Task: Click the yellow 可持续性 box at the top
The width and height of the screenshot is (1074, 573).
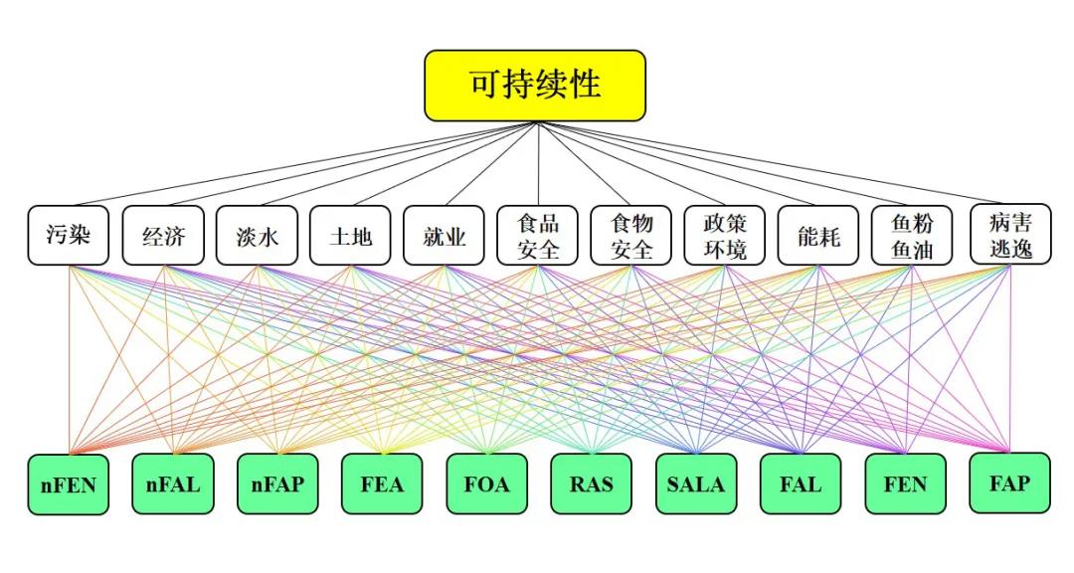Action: [535, 86]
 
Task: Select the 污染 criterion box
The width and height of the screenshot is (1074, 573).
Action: [69, 235]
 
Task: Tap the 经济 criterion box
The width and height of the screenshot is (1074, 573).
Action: [163, 235]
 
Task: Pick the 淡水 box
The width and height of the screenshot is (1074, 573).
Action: [257, 235]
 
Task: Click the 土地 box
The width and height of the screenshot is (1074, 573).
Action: [350, 235]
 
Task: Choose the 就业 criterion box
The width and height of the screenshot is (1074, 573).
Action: [444, 235]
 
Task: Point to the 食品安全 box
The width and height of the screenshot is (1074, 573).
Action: [538, 235]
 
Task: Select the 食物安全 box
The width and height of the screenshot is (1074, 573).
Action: [631, 235]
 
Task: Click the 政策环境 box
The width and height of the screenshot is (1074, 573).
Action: [725, 235]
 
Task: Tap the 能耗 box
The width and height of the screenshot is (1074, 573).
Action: [818, 235]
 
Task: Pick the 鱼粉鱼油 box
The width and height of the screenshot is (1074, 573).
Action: [912, 235]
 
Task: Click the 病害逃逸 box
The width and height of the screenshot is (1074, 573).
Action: [1011, 234]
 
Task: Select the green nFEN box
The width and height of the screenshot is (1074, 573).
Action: [69, 484]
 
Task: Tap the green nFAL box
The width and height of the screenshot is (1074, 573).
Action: [173, 483]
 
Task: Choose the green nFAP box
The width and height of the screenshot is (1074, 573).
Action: [278, 483]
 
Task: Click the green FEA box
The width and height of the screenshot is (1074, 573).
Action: [382, 483]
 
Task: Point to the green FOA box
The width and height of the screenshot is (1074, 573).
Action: [487, 483]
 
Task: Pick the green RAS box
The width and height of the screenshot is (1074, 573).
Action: [591, 483]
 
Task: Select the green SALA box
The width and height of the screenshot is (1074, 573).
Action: [696, 483]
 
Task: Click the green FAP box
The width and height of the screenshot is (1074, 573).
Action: [1010, 483]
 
